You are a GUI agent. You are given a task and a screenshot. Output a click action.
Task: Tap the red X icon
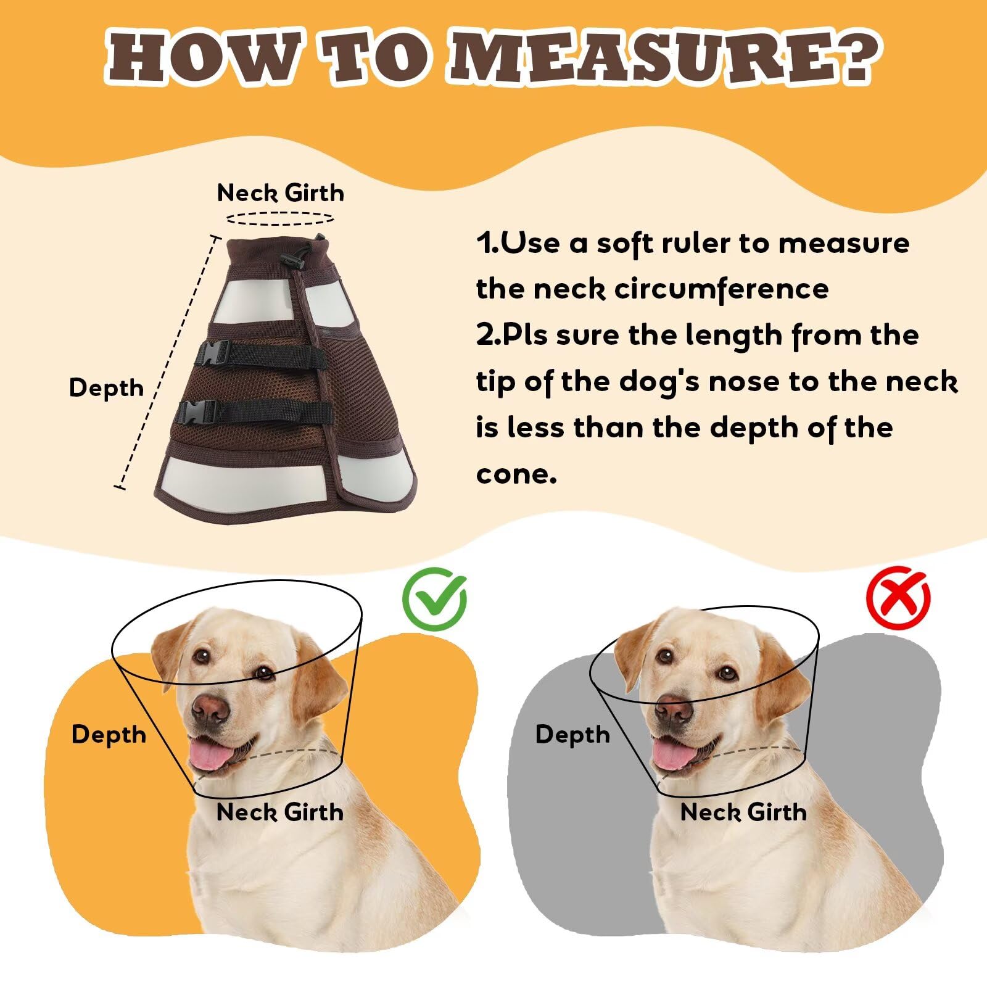(x=898, y=597)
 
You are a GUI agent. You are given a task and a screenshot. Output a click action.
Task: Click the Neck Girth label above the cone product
(x=280, y=193)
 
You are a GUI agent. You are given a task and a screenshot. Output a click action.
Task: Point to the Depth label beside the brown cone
(x=107, y=388)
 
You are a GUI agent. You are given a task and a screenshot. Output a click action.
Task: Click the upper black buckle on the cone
(x=213, y=355)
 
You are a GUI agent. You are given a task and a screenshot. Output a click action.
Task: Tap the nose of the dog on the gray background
(x=674, y=708)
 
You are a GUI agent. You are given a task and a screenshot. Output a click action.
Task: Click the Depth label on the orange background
(x=109, y=735)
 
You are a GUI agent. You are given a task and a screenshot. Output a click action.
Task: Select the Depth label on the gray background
(x=572, y=735)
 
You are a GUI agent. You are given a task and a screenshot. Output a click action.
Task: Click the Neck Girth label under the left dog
(x=280, y=812)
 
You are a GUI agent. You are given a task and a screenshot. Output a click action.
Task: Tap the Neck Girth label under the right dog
(x=743, y=812)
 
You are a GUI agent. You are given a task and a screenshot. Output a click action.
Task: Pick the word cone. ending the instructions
(x=516, y=474)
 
